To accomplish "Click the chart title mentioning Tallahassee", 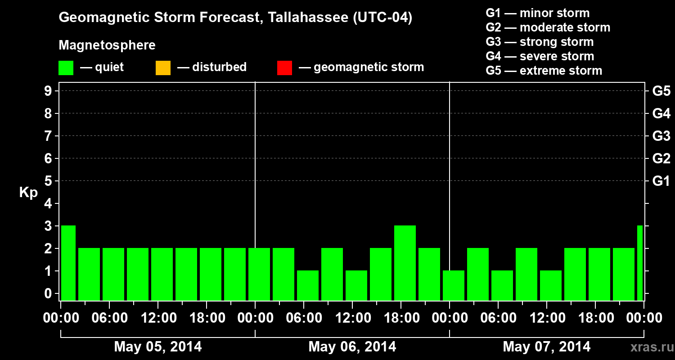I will pyautogui.click(x=235, y=18).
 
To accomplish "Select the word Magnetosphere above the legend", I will pyautogui.click(x=107, y=45).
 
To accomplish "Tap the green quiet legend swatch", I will pyautogui.click(x=66, y=68).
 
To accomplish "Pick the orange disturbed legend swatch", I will pyautogui.click(x=163, y=68).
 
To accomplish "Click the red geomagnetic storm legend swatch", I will pyautogui.click(x=284, y=68).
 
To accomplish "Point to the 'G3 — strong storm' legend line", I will pyautogui.click(x=540, y=42).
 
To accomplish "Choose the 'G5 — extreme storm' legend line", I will pyautogui.click(x=544, y=71).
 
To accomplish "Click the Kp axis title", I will pyautogui.click(x=28, y=193).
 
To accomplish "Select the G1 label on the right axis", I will pyautogui.click(x=661, y=181).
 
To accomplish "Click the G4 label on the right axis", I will pyautogui.click(x=661, y=114).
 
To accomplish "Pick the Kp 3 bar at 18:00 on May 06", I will pyautogui.click(x=405, y=263).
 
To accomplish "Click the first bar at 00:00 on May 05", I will pyautogui.click(x=68, y=263).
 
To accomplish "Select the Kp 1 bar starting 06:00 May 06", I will pyautogui.click(x=308, y=285).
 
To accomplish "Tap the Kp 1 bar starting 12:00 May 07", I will pyautogui.click(x=551, y=285).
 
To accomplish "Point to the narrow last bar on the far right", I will pyautogui.click(x=640, y=263).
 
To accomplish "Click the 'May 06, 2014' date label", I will pyautogui.click(x=352, y=347).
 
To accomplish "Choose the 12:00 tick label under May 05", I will pyautogui.click(x=158, y=318).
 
